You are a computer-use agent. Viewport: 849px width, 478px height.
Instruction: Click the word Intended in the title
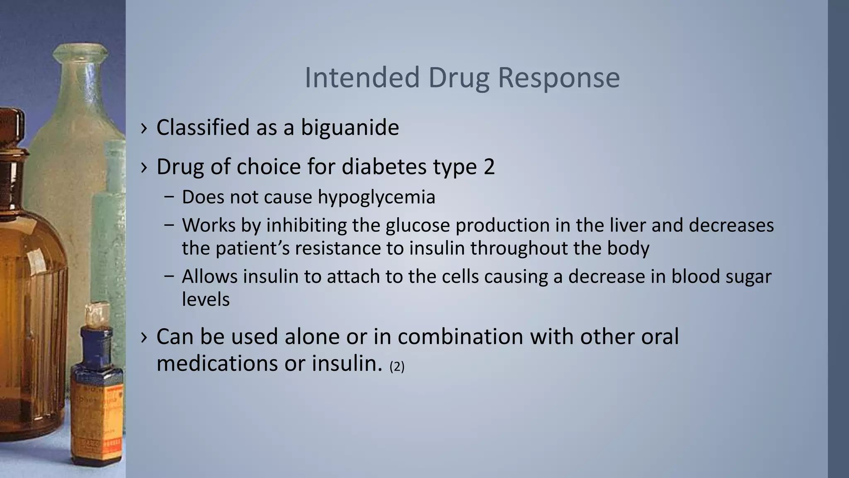pyautogui.click(x=362, y=78)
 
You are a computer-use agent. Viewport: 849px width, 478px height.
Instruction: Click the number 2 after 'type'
pyautogui.click(x=489, y=167)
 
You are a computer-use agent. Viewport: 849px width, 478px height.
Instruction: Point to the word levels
pyautogui.click(x=206, y=299)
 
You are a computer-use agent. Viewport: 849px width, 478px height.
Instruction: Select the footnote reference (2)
pyautogui.click(x=397, y=366)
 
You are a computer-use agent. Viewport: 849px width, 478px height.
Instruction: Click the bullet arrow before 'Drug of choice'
pyautogui.click(x=144, y=167)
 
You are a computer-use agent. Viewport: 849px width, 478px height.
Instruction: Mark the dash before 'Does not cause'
pyautogui.click(x=169, y=198)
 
